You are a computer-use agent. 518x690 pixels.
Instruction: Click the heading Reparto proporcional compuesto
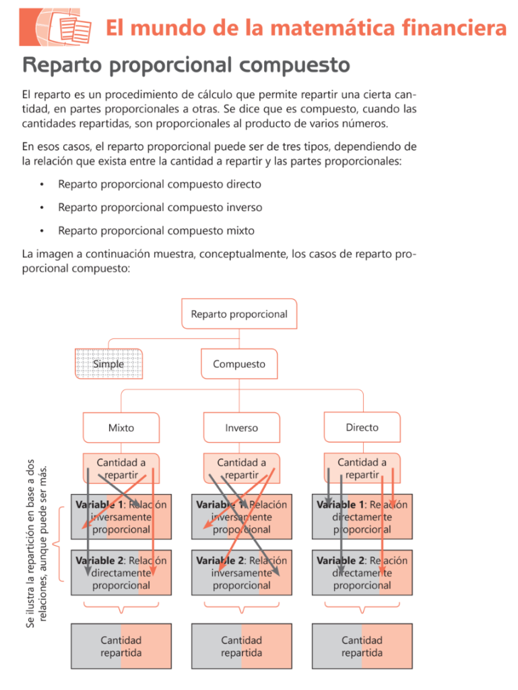point(186,65)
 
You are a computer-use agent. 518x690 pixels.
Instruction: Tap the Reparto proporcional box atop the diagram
point(239,314)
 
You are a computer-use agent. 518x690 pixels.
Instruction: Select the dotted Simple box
point(108,364)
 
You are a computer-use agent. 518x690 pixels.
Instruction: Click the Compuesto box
point(239,364)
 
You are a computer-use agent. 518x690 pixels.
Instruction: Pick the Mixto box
point(121,427)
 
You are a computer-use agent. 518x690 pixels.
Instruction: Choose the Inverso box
point(241,427)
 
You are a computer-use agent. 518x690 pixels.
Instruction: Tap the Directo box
point(362,427)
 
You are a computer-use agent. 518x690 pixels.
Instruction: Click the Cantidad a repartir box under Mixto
point(121,468)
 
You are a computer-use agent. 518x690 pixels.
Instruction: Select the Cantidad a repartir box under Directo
point(362,468)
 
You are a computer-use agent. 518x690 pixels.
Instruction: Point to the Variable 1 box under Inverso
point(241,517)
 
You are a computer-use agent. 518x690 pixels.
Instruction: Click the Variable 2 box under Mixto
point(121,573)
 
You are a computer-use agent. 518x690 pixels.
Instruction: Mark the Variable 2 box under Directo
point(362,573)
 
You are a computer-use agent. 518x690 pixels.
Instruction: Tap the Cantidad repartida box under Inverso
point(241,646)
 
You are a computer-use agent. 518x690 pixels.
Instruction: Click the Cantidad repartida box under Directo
point(362,646)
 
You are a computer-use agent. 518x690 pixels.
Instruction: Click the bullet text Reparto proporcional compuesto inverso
point(160,208)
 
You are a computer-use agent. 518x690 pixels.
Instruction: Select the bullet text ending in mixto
point(156,230)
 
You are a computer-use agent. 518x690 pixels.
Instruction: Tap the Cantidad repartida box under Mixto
point(121,646)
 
